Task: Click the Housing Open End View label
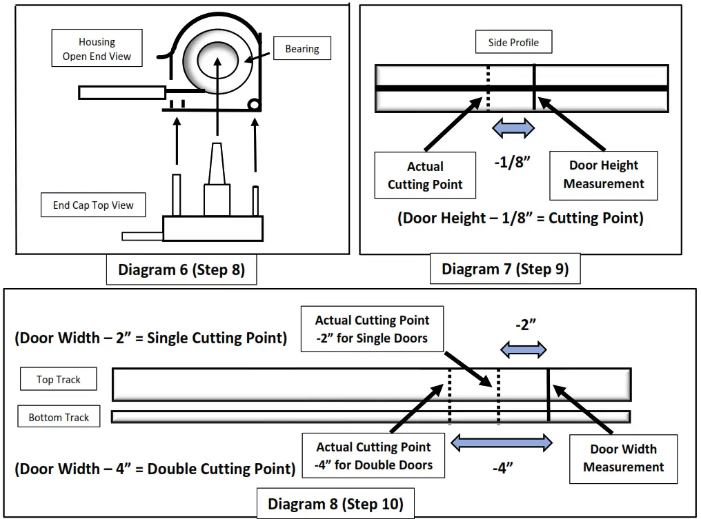[97, 49]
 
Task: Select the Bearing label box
[302, 49]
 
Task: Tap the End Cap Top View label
[93, 205]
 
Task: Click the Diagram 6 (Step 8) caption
[181, 270]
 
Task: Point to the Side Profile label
[513, 42]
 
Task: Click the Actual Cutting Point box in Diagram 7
[425, 176]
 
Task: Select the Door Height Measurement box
[603, 175]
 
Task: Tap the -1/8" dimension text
[513, 163]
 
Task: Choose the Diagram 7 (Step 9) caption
[505, 269]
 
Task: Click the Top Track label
[59, 379]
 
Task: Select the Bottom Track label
[59, 417]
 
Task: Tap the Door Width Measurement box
[623, 458]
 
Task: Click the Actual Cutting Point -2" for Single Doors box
[372, 329]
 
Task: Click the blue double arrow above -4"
[501, 444]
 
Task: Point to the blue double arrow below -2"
[523, 349]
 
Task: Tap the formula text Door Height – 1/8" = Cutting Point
[520, 218]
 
